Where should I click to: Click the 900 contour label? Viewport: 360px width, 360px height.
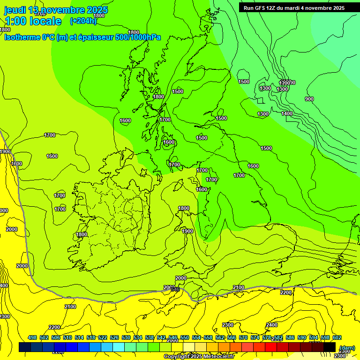(309, 99)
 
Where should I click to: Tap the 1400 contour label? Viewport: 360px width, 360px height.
(287, 113)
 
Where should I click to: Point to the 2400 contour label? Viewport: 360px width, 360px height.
(272, 325)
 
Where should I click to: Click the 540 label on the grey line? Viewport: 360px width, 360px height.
(175, 290)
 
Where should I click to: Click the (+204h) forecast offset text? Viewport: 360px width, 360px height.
(83, 21)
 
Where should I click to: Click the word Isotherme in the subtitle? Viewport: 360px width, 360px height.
(22, 37)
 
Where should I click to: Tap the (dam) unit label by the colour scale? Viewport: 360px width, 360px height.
(346, 347)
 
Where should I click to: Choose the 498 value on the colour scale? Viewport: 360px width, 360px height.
(32, 337)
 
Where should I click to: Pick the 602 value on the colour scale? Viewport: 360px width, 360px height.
(337, 337)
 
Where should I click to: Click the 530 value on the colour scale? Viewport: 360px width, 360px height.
(126, 337)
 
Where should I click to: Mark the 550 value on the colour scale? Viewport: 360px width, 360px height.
(185, 337)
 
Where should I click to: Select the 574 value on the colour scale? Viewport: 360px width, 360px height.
(255, 337)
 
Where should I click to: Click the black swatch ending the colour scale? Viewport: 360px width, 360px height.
(329, 347)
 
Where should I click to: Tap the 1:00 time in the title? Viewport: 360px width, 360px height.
(15, 21)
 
